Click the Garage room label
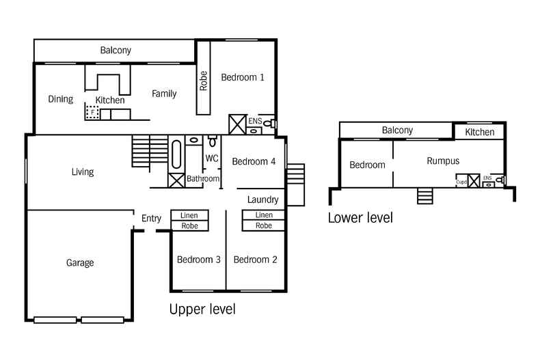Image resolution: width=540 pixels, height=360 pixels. click(80, 263)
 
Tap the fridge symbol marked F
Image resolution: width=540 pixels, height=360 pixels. click(92, 113)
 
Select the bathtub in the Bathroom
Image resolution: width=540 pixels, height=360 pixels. click(176, 154)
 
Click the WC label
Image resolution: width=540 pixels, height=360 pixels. click(212, 158)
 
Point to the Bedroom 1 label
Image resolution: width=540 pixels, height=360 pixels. click(243, 77)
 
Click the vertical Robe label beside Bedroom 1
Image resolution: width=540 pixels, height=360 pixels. click(203, 81)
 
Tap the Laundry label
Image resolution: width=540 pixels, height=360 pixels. click(262, 199)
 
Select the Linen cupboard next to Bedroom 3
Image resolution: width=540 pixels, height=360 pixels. click(189, 215)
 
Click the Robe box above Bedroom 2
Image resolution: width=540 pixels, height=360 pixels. click(263, 225)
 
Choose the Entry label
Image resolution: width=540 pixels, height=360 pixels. click(151, 218)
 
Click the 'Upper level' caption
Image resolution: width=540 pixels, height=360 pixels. click(202, 309)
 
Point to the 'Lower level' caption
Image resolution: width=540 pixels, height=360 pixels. click(360, 218)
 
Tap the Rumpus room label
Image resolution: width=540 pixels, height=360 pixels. click(443, 161)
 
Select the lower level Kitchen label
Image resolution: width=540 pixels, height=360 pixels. click(480, 132)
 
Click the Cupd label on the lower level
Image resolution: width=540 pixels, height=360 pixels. click(461, 182)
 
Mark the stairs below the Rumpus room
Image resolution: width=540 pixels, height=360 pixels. click(425, 196)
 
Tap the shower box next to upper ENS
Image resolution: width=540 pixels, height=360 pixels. click(238, 124)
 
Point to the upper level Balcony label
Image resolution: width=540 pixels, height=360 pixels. click(116, 51)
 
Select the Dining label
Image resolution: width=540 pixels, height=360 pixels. click(61, 99)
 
